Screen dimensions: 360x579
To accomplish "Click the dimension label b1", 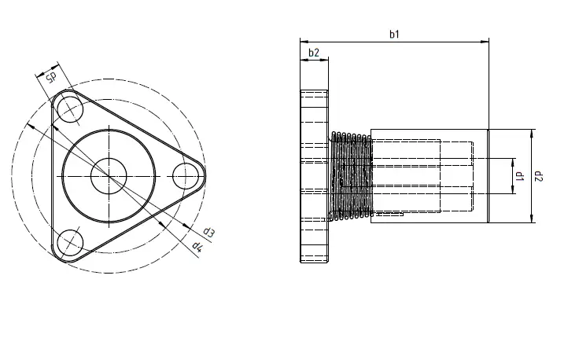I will pyautogui.click(x=395, y=34).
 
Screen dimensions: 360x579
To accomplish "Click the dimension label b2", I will pyautogui.click(x=314, y=53).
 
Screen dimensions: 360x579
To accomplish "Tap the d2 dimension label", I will pyautogui.click(x=540, y=177).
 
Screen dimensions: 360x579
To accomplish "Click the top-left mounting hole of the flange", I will pyautogui.click(x=68, y=108).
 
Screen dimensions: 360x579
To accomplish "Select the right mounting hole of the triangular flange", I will pyautogui.click(x=186, y=174).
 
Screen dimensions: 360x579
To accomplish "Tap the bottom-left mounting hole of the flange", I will pyautogui.click(x=68, y=242).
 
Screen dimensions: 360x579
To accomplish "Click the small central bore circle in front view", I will pyautogui.click(x=107, y=175).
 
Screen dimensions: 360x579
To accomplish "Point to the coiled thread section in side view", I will pyautogui.click(x=349, y=176).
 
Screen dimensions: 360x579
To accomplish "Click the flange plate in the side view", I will pyautogui.click(x=314, y=177).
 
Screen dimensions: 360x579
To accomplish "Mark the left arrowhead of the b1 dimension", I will pyautogui.click(x=304, y=41).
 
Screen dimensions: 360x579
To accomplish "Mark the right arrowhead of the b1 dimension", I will pyautogui.click(x=485, y=41).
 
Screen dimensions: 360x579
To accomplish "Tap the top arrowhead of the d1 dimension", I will pyautogui.click(x=512, y=161).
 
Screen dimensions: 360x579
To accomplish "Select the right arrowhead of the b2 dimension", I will pyautogui.click(x=324, y=60).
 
